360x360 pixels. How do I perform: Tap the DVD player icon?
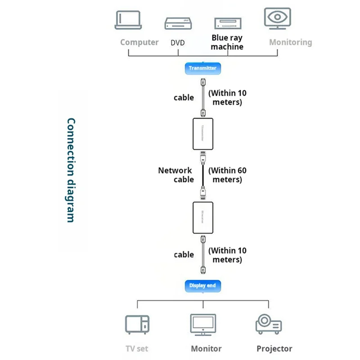coord(178,23)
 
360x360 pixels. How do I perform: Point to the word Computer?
coord(139,42)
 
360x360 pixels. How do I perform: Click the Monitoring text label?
coord(290,42)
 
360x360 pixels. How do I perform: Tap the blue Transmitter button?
coord(202,68)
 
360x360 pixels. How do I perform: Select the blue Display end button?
coord(202,285)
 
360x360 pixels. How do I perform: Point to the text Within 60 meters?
coord(227,175)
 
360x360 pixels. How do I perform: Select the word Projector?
coord(274,349)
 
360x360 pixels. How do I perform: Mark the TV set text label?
coord(137,349)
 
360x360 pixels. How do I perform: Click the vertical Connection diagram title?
coord(71,170)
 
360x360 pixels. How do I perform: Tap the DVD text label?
coord(178,43)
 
